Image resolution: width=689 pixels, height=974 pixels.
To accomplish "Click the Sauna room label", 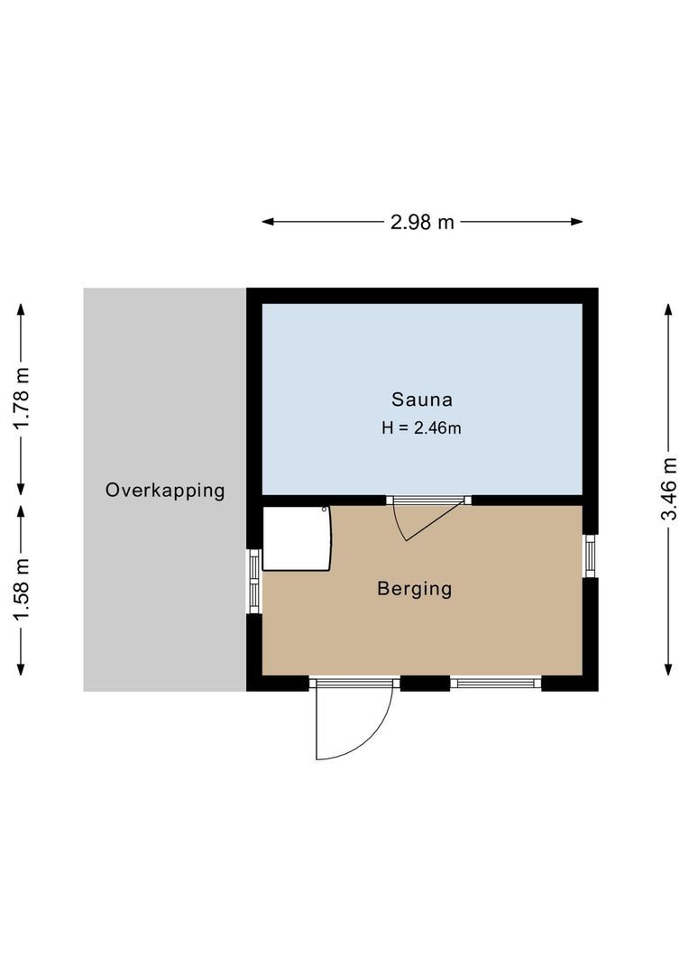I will click(421, 399).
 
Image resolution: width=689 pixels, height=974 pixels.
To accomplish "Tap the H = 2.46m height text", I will click(421, 428).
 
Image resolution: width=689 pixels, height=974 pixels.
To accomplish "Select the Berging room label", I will click(414, 589).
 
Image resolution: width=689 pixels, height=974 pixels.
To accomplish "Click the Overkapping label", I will click(165, 491).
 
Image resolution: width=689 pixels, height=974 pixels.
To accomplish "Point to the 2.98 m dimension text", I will click(422, 222).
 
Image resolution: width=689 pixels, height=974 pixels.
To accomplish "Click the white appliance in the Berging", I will click(296, 538).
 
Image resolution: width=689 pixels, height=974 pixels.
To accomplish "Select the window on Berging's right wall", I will click(590, 556).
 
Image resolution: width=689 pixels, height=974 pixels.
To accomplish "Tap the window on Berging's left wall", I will click(254, 580).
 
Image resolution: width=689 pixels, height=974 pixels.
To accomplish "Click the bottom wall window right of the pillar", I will click(495, 683).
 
